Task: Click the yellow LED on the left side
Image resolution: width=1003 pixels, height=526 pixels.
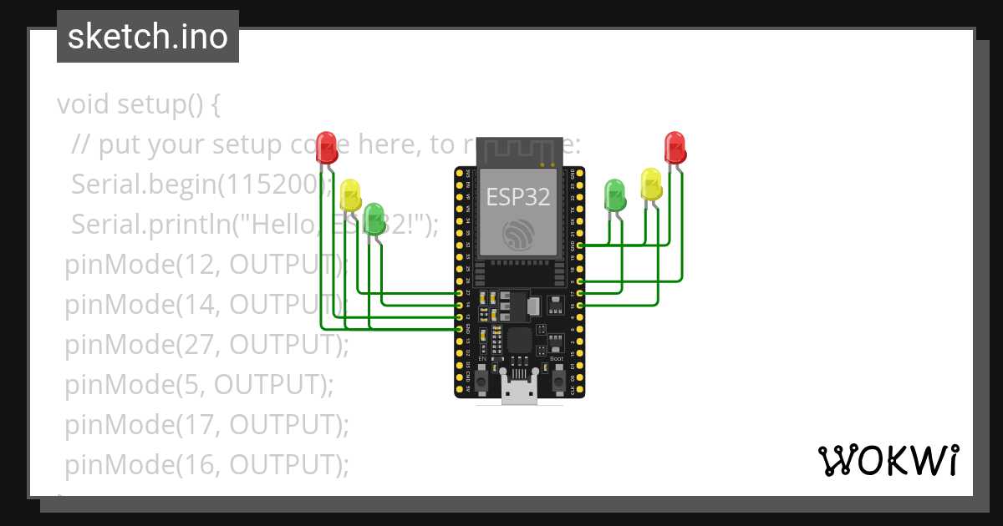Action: click(351, 195)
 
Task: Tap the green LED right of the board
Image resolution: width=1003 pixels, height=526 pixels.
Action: click(615, 194)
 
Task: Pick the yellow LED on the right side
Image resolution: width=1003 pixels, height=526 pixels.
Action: click(651, 183)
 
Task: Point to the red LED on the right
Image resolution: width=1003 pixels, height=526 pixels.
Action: click(675, 146)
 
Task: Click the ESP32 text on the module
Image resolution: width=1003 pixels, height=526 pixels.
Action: click(518, 197)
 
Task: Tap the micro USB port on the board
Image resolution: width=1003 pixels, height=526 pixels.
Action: click(519, 391)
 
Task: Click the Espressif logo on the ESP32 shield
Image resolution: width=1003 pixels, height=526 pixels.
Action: click(518, 234)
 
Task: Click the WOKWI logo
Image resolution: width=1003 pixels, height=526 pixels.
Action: click(888, 460)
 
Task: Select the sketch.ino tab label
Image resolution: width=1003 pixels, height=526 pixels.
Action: click(148, 38)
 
